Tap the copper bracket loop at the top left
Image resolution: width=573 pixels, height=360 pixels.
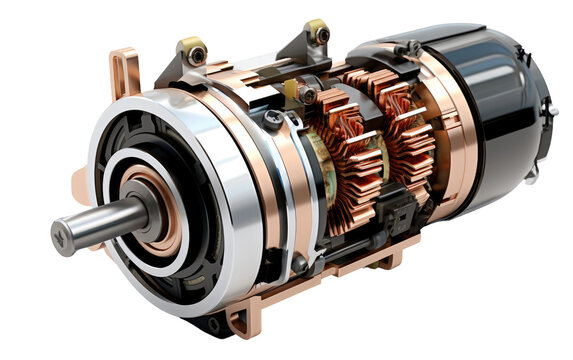[123, 73]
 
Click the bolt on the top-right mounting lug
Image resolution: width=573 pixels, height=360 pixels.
[320, 34]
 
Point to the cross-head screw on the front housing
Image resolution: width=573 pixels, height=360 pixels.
[273, 118]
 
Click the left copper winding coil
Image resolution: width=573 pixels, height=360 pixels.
[340, 160]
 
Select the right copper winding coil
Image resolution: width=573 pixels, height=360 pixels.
[405, 130]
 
